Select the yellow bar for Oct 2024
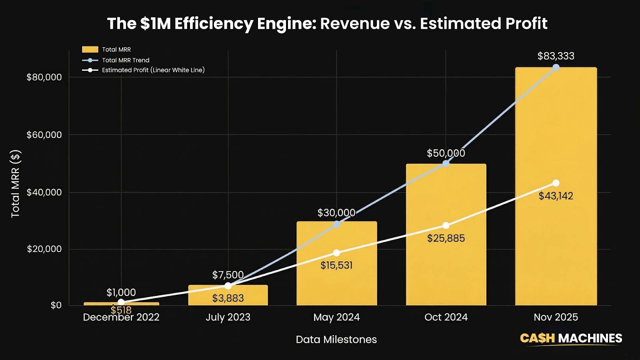(x=446, y=272)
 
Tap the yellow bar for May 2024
(x=336, y=284)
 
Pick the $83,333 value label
(x=556, y=56)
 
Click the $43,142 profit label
(x=556, y=196)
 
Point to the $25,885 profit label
(x=446, y=238)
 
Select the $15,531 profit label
(x=336, y=265)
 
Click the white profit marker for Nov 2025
(x=556, y=183)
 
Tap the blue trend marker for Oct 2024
(x=446, y=163)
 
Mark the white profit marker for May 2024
(x=336, y=253)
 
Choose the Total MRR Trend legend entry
(x=125, y=60)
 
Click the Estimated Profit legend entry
(x=153, y=70)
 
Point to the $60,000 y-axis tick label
(x=44, y=135)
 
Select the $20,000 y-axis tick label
(x=44, y=249)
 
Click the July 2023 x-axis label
(x=228, y=317)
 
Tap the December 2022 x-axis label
(x=121, y=317)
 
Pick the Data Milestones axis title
(x=336, y=340)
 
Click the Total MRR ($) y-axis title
(x=15, y=184)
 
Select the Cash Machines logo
(x=571, y=338)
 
